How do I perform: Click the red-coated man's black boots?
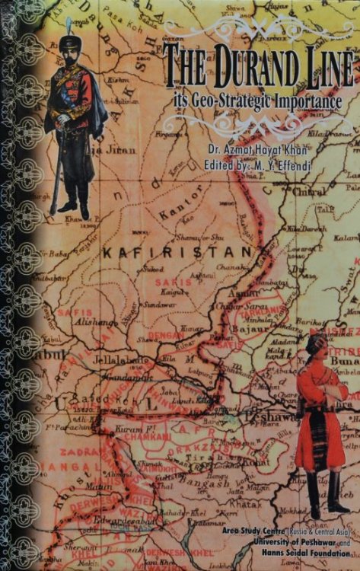pos(324,495)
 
